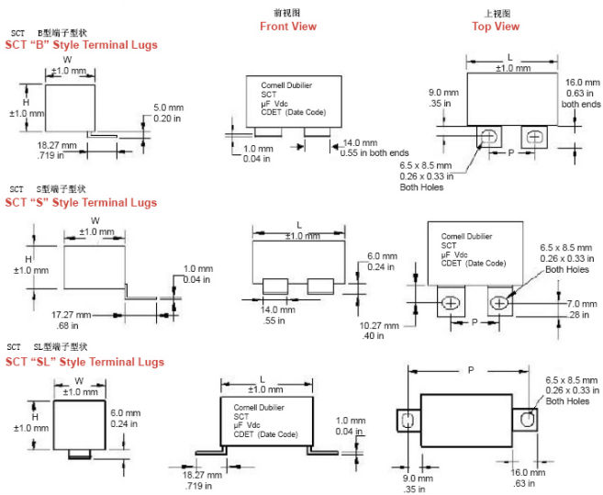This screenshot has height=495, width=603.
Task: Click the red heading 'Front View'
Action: click(287, 27)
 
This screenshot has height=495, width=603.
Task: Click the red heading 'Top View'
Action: click(496, 27)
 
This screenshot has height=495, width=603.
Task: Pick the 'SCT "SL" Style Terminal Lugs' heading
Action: click(84, 362)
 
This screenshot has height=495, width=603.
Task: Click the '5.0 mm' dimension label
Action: click(168, 107)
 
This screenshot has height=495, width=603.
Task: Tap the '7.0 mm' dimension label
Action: click(580, 303)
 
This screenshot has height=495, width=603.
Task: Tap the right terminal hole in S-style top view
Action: click(500, 301)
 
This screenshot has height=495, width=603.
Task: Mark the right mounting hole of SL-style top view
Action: click(526, 420)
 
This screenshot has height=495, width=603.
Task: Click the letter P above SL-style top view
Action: click(470, 370)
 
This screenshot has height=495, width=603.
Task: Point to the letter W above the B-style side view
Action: click(67, 60)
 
